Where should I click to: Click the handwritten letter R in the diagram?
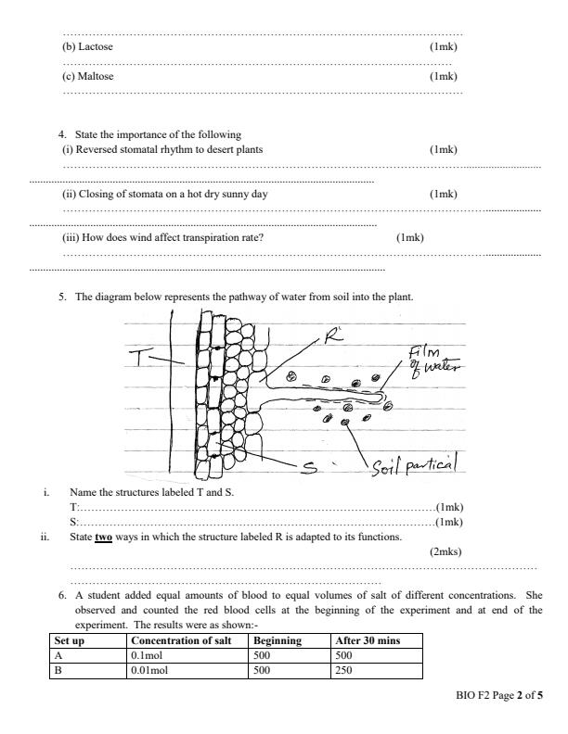point(331,337)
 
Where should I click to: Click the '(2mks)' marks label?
point(446,551)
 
